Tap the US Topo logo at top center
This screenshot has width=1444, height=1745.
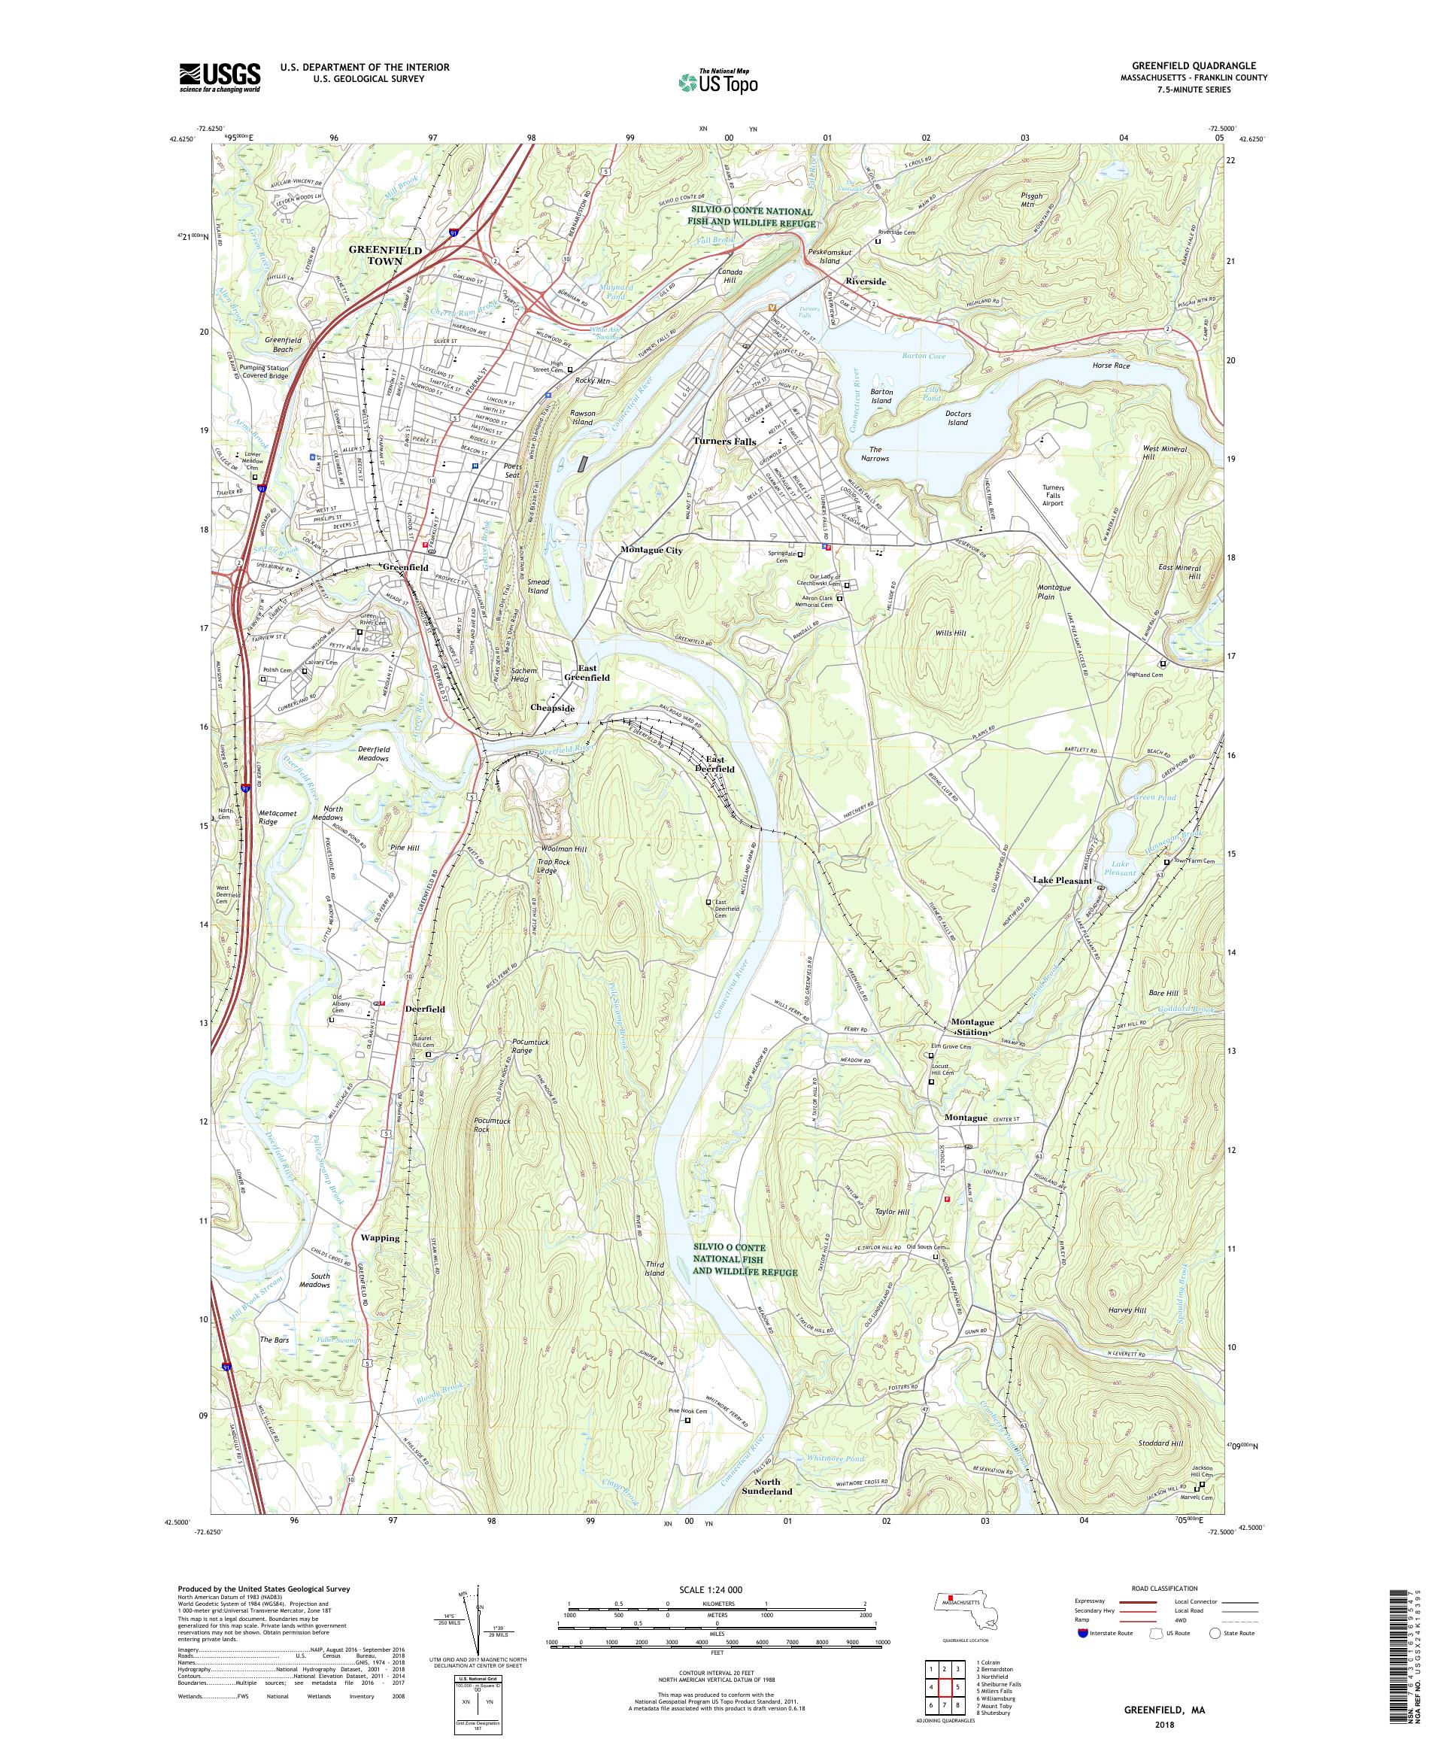(x=720, y=80)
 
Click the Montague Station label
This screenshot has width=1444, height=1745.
(x=971, y=1027)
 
